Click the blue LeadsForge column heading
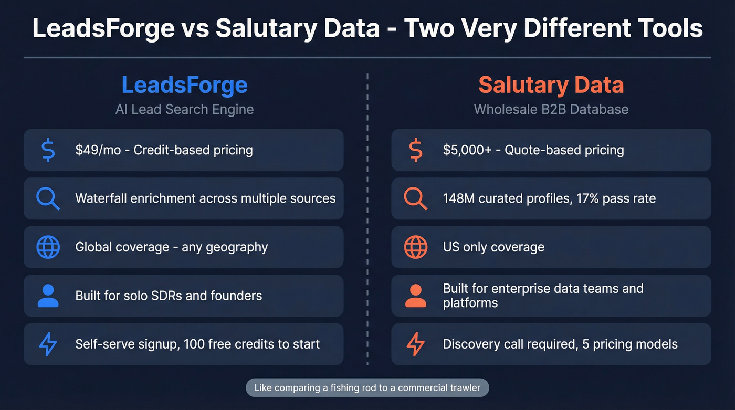pyautogui.click(x=184, y=85)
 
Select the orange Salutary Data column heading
pyautogui.click(x=551, y=85)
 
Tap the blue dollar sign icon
pyautogui.click(x=48, y=150)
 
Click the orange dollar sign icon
pyautogui.click(x=416, y=150)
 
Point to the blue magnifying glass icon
pyautogui.click(x=48, y=199)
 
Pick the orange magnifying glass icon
pyautogui.click(x=416, y=199)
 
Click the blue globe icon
pyautogui.click(x=48, y=247)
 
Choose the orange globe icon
pyautogui.click(x=416, y=247)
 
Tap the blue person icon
pyautogui.click(x=48, y=296)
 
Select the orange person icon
pyautogui.click(x=416, y=296)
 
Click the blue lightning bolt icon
pyautogui.click(x=48, y=344)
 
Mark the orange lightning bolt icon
pyautogui.click(x=416, y=344)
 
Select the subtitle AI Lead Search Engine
pyautogui.click(x=184, y=109)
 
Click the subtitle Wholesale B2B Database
pyautogui.click(x=551, y=109)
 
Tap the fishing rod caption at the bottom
pyautogui.click(x=367, y=388)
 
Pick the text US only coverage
pyautogui.click(x=493, y=247)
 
